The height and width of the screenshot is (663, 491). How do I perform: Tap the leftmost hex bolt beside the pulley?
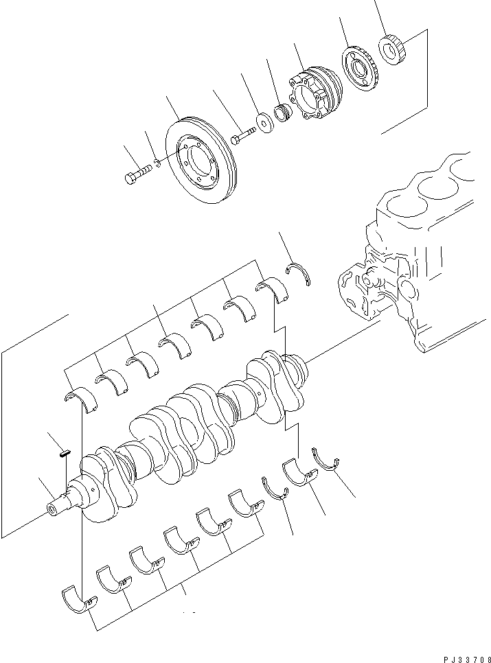point(137,176)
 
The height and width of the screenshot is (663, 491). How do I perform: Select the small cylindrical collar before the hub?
point(282,112)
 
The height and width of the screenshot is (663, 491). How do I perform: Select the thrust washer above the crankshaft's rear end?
point(299,272)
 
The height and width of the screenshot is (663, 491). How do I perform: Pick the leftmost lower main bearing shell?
point(78,598)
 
